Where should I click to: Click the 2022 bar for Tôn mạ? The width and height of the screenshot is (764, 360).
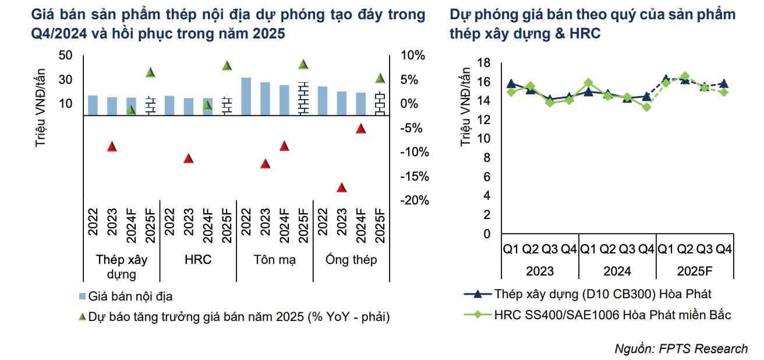click(246, 96)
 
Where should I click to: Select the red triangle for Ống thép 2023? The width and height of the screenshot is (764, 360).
click(342, 188)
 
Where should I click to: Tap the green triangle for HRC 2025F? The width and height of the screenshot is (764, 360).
click(227, 65)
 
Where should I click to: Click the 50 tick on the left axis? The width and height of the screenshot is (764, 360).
click(65, 55)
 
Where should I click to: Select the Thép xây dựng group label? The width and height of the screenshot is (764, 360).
click(122, 267)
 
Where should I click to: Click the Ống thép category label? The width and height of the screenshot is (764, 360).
click(351, 260)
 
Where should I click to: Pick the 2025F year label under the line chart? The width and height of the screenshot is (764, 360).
click(695, 271)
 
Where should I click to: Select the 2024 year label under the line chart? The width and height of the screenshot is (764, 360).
click(617, 271)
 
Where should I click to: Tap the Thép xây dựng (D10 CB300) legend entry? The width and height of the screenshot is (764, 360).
click(603, 294)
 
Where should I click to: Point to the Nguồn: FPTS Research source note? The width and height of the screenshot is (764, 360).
click(681, 349)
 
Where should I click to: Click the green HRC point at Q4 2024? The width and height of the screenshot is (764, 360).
click(646, 107)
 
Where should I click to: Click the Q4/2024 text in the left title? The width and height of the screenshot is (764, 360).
click(58, 34)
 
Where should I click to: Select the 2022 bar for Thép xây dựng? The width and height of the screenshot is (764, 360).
click(93, 105)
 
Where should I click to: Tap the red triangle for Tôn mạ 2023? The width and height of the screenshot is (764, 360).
click(265, 164)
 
